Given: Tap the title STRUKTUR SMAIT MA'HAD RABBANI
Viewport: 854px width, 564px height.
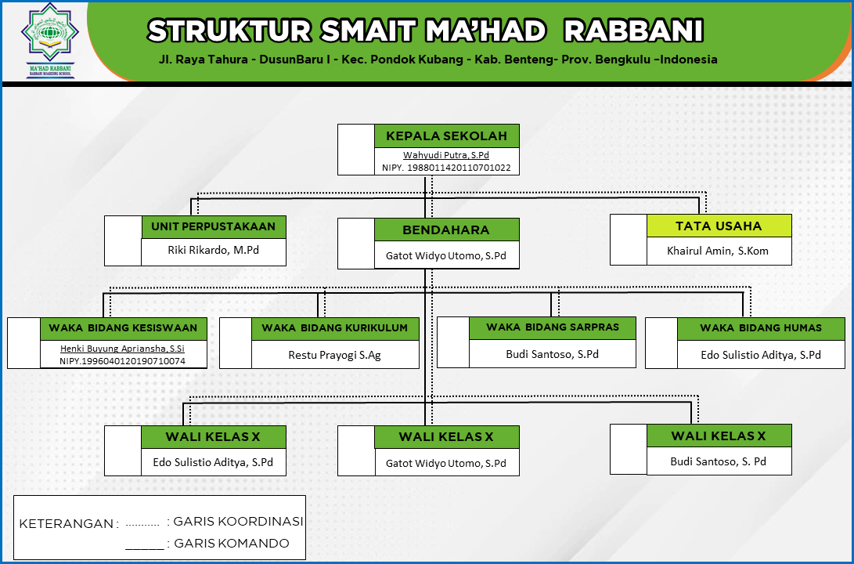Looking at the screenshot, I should (425, 31).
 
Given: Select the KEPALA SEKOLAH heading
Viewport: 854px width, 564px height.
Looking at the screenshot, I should (446, 136).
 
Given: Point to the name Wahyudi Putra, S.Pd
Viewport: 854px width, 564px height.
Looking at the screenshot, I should (446, 155).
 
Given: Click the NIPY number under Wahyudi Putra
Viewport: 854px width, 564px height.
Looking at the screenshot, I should (446, 168).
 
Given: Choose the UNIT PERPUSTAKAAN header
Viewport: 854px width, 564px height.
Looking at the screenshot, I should (213, 227).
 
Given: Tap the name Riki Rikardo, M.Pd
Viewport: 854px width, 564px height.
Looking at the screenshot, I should (213, 251).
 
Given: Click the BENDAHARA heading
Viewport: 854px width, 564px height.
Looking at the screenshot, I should (446, 230).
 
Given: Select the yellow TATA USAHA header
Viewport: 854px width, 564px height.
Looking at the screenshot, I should (719, 226).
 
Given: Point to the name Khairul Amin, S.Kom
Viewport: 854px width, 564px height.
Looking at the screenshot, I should (719, 251).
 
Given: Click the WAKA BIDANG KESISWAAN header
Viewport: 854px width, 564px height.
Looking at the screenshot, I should (123, 328).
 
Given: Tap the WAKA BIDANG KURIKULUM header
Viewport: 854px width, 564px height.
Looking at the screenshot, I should (335, 328).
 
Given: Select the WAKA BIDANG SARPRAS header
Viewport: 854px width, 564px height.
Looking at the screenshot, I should (553, 327).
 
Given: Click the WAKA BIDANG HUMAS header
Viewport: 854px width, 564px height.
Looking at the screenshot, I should (761, 328).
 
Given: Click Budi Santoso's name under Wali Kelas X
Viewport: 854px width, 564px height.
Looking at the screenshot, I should (719, 461).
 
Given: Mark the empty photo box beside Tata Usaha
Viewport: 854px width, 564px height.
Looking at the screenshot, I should (629, 240).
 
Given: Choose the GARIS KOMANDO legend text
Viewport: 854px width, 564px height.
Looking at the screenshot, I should (231, 544).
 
